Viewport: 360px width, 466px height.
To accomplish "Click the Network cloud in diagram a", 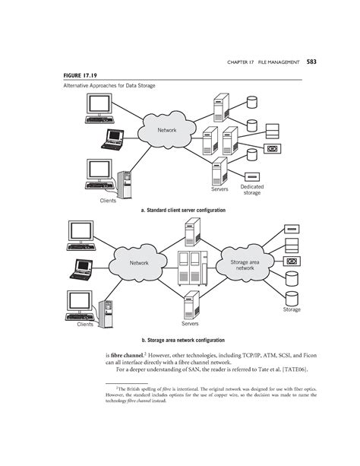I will coord(167,131).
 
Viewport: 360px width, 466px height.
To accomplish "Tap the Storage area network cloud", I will coord(244,265).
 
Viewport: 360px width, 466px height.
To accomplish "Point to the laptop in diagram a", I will coord(115,139).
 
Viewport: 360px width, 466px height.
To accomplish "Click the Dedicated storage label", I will coord(251,189).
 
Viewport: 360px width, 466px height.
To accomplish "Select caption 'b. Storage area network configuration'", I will coord(180,340).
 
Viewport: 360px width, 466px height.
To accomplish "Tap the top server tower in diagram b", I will coord(192,230).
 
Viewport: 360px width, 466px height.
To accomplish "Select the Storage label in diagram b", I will coord(292,309).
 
